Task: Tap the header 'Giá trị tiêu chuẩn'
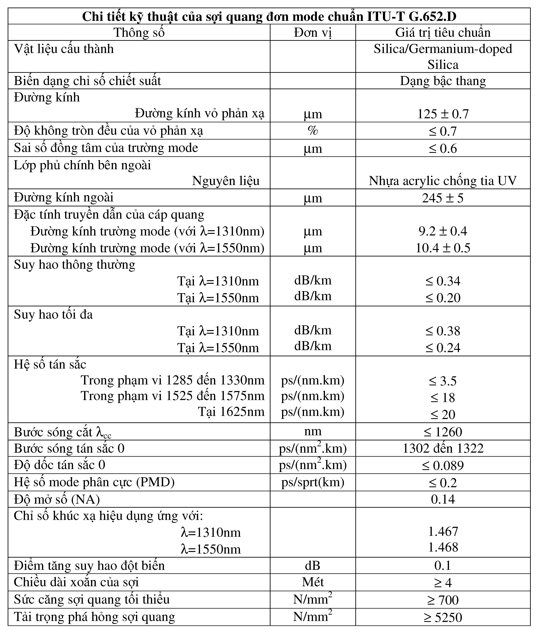[x=443, y=33]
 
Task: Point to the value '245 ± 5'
[x=443, y=198]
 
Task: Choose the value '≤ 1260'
[x=443, y=432]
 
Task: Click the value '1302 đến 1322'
[x=443, y=448]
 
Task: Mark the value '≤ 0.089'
[x=443, y=465]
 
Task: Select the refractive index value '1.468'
[x=443, y=547]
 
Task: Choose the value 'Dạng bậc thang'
[x=443, y=81]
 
